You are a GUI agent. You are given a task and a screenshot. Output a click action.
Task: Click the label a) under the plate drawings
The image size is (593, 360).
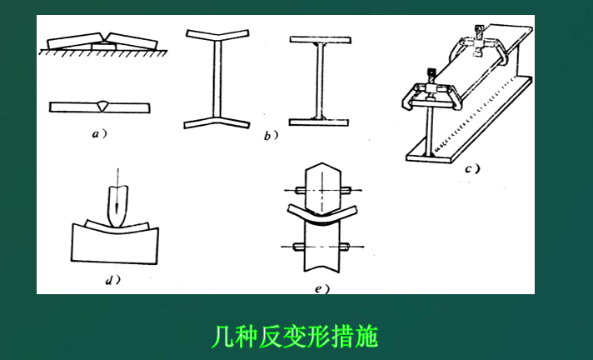(x=99, y=133)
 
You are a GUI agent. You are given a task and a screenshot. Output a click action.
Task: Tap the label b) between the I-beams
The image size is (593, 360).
(x=271, y=136)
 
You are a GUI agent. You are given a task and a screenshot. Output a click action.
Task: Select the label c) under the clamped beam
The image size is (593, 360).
(x=472, y=168)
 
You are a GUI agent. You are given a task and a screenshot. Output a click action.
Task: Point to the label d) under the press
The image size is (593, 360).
(x=112, y=280)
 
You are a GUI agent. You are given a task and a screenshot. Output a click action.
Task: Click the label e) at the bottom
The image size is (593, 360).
(x=322, y=289)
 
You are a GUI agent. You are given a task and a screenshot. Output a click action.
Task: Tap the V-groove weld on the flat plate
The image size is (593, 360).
(x=102, y=107)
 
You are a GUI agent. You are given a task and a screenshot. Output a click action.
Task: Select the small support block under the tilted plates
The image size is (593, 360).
(x=103, y=46)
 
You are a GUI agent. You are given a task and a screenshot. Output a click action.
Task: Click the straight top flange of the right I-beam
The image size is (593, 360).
(x=321, y=40)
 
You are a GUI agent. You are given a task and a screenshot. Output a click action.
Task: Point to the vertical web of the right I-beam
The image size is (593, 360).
(x=320, y=81)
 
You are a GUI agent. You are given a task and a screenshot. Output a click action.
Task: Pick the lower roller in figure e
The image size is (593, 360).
(x=322, y=247)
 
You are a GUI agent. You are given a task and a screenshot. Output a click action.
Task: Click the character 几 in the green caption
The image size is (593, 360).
(x=222, y=337)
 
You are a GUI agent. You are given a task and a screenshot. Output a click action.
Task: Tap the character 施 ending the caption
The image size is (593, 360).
(x=366, y=337)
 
